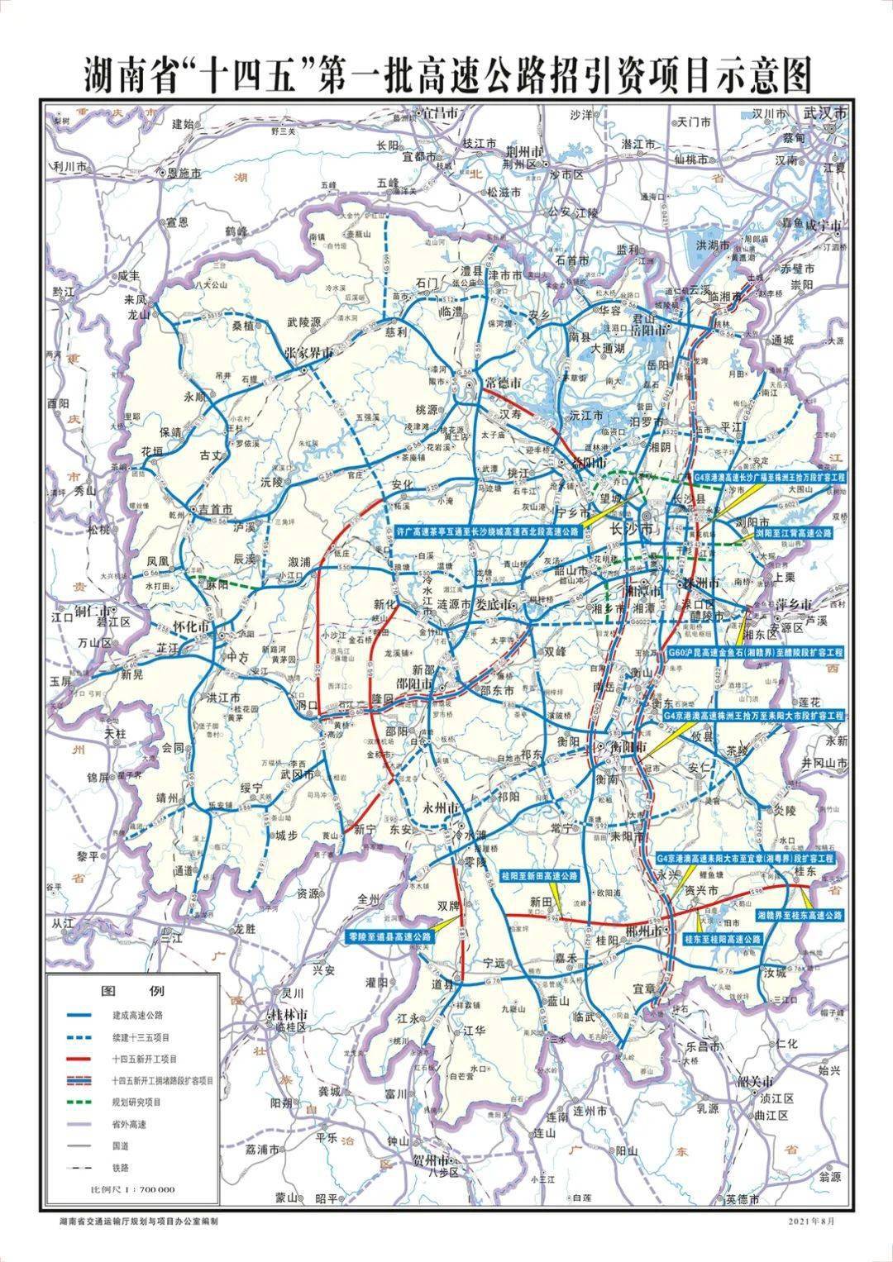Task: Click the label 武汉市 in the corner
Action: (828, 115)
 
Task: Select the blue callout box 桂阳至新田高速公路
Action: (538, 875)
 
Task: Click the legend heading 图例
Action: (132, 991)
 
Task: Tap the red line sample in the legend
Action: (83, 1058)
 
